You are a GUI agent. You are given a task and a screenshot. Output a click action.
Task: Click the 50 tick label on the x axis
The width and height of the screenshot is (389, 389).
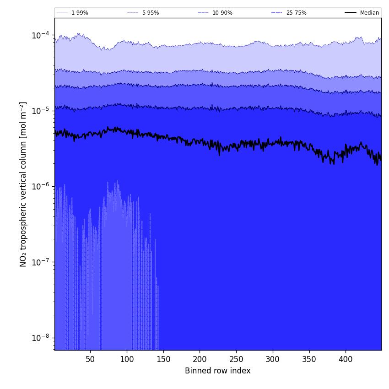[90, 360]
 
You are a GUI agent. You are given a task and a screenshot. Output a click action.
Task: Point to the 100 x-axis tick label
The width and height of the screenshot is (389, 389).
[127, 360]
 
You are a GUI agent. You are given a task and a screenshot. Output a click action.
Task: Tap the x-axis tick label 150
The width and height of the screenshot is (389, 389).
[163, 360]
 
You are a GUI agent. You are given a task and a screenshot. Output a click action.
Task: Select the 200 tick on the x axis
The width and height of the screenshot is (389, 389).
[200, 360]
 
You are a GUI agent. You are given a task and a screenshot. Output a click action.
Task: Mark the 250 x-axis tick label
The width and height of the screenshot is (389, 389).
[236, 360]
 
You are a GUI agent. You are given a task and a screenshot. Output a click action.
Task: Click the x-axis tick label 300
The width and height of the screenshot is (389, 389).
[273, 360]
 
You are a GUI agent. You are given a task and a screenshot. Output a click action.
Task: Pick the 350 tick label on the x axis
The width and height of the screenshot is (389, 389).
[309, 360]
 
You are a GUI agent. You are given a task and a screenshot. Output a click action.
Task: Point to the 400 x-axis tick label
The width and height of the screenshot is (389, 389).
[346, 360]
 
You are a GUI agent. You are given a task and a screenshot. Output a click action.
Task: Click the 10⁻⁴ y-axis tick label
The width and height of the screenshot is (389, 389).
[40, 35]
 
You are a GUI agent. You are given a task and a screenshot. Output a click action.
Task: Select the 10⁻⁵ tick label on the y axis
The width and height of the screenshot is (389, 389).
[40, 111]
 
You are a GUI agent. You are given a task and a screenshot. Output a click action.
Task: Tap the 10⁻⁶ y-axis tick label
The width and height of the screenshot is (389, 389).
[40, 186]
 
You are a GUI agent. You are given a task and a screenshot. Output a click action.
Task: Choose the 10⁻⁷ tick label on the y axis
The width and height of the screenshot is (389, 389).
[40, 262]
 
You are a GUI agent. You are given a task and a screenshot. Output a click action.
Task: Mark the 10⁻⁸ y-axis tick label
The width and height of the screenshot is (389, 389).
[40, 338]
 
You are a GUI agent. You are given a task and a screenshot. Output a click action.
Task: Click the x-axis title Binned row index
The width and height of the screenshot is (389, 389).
[218, 371]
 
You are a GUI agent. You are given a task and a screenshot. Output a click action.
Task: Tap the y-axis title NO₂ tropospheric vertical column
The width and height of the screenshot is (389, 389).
[23, 184]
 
